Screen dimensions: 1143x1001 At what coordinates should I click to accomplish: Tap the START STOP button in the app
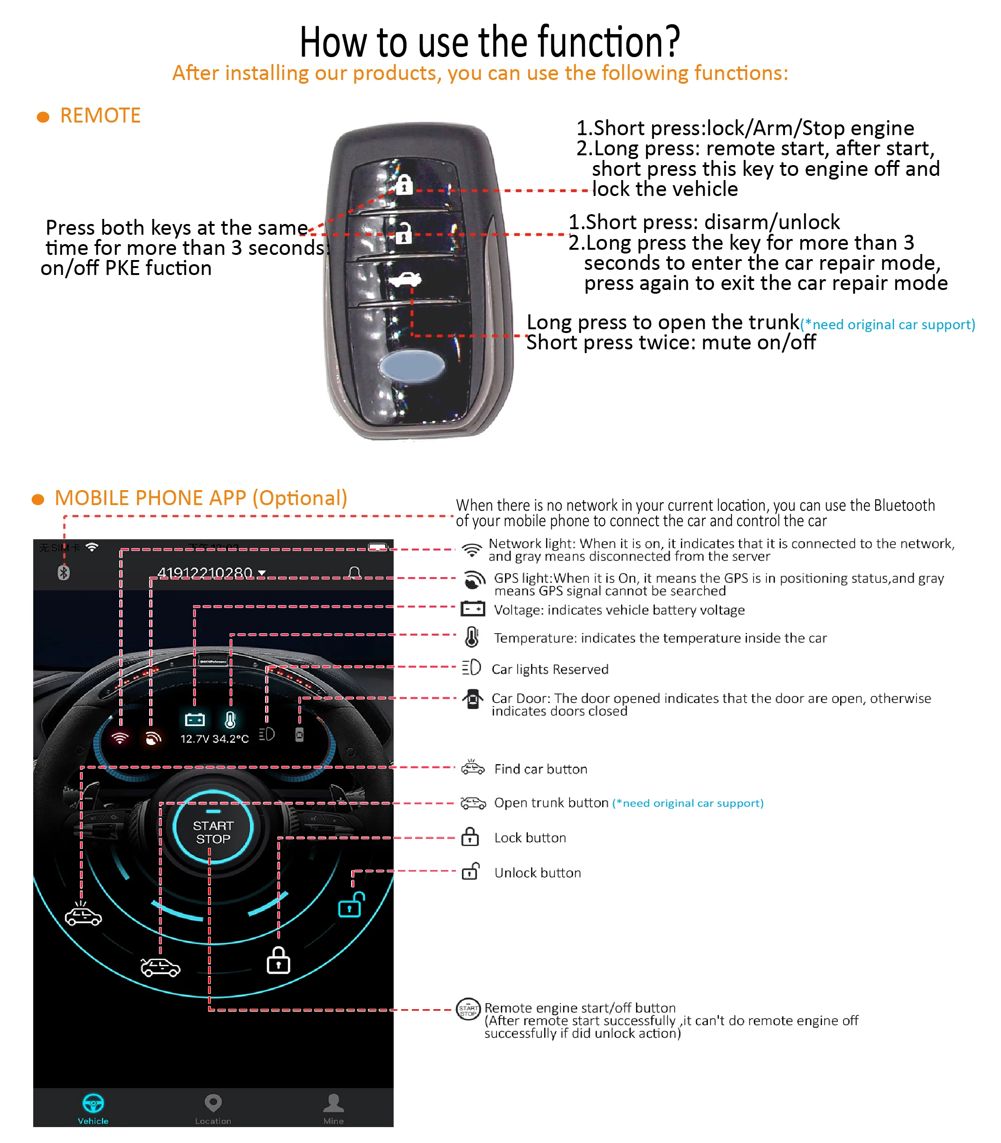click(213, 832)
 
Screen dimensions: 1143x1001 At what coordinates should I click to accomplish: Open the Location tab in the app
click(213, 1109)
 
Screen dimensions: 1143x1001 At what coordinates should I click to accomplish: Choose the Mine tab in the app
click(333, 1109)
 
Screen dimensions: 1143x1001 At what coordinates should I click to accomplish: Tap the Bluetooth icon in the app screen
click(64, 572)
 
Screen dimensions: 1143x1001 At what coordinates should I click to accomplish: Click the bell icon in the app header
click(354, 572)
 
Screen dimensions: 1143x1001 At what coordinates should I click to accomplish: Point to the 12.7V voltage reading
click(194, 738)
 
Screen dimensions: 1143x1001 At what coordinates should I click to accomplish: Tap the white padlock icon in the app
click(278, 960)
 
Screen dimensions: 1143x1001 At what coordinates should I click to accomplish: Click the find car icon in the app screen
click(83, 913)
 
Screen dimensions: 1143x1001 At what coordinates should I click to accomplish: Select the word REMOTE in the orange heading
click(100, 116)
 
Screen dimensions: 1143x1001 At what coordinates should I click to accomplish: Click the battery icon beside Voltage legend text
click(473, 608)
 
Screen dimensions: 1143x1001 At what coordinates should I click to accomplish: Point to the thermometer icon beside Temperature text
click(472, 637)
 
